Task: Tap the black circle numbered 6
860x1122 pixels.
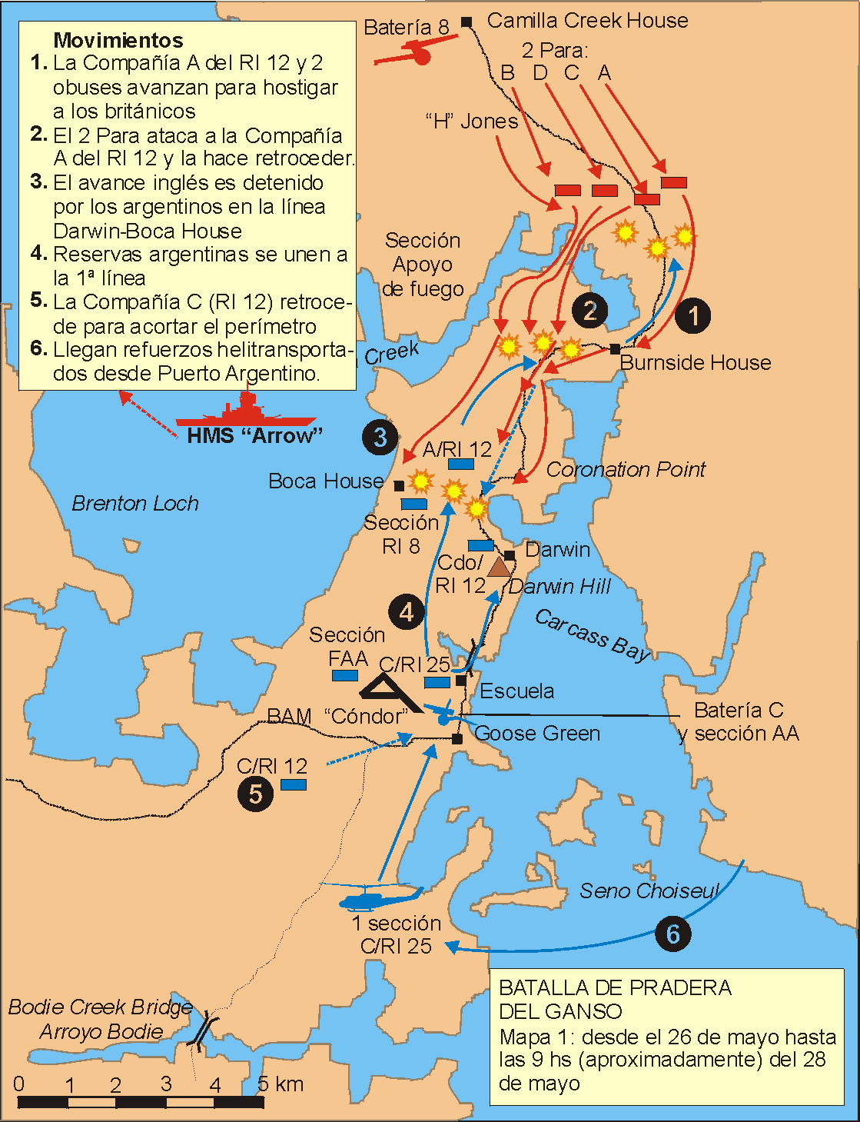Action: pyautogui.click(x=673, y=934)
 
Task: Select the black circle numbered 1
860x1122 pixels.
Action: pyautogui.click(x=693, y=315)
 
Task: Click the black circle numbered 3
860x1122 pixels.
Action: pyautogui.click(x=380, y=438)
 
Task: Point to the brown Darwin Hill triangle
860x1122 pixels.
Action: pyautogui.click(x=499, y=568)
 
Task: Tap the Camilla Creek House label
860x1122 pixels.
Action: pyautogui.click(x=587, y=21)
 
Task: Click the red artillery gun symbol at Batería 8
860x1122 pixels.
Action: pyautogui.click(x=415, y=54)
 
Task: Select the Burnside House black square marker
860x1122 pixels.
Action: pyautogui.click(x=615, y=349)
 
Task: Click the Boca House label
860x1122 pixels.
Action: pyautogui.click(x=326, y=481)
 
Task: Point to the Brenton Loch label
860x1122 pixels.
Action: pyautogui.click(x=135, y=504)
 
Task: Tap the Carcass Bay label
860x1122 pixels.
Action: pyautogui.click(x=593, y=634)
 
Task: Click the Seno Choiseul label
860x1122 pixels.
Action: pyautogui.click(x=649, y=891)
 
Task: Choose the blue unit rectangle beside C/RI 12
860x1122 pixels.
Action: pyautogui.click(x=294, y=784)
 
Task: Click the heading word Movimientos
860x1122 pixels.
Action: pyautogui.click(x=118, y=40)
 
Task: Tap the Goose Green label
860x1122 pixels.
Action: pyautogui.click(x=537, y=734)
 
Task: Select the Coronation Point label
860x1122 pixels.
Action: pyautogui.click(x=626, y=469)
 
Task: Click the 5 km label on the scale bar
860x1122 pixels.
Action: pyautogui.click(x=281, y=1084)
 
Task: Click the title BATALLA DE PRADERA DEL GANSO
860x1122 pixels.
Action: pyautogui.click(x=615, y=999)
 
